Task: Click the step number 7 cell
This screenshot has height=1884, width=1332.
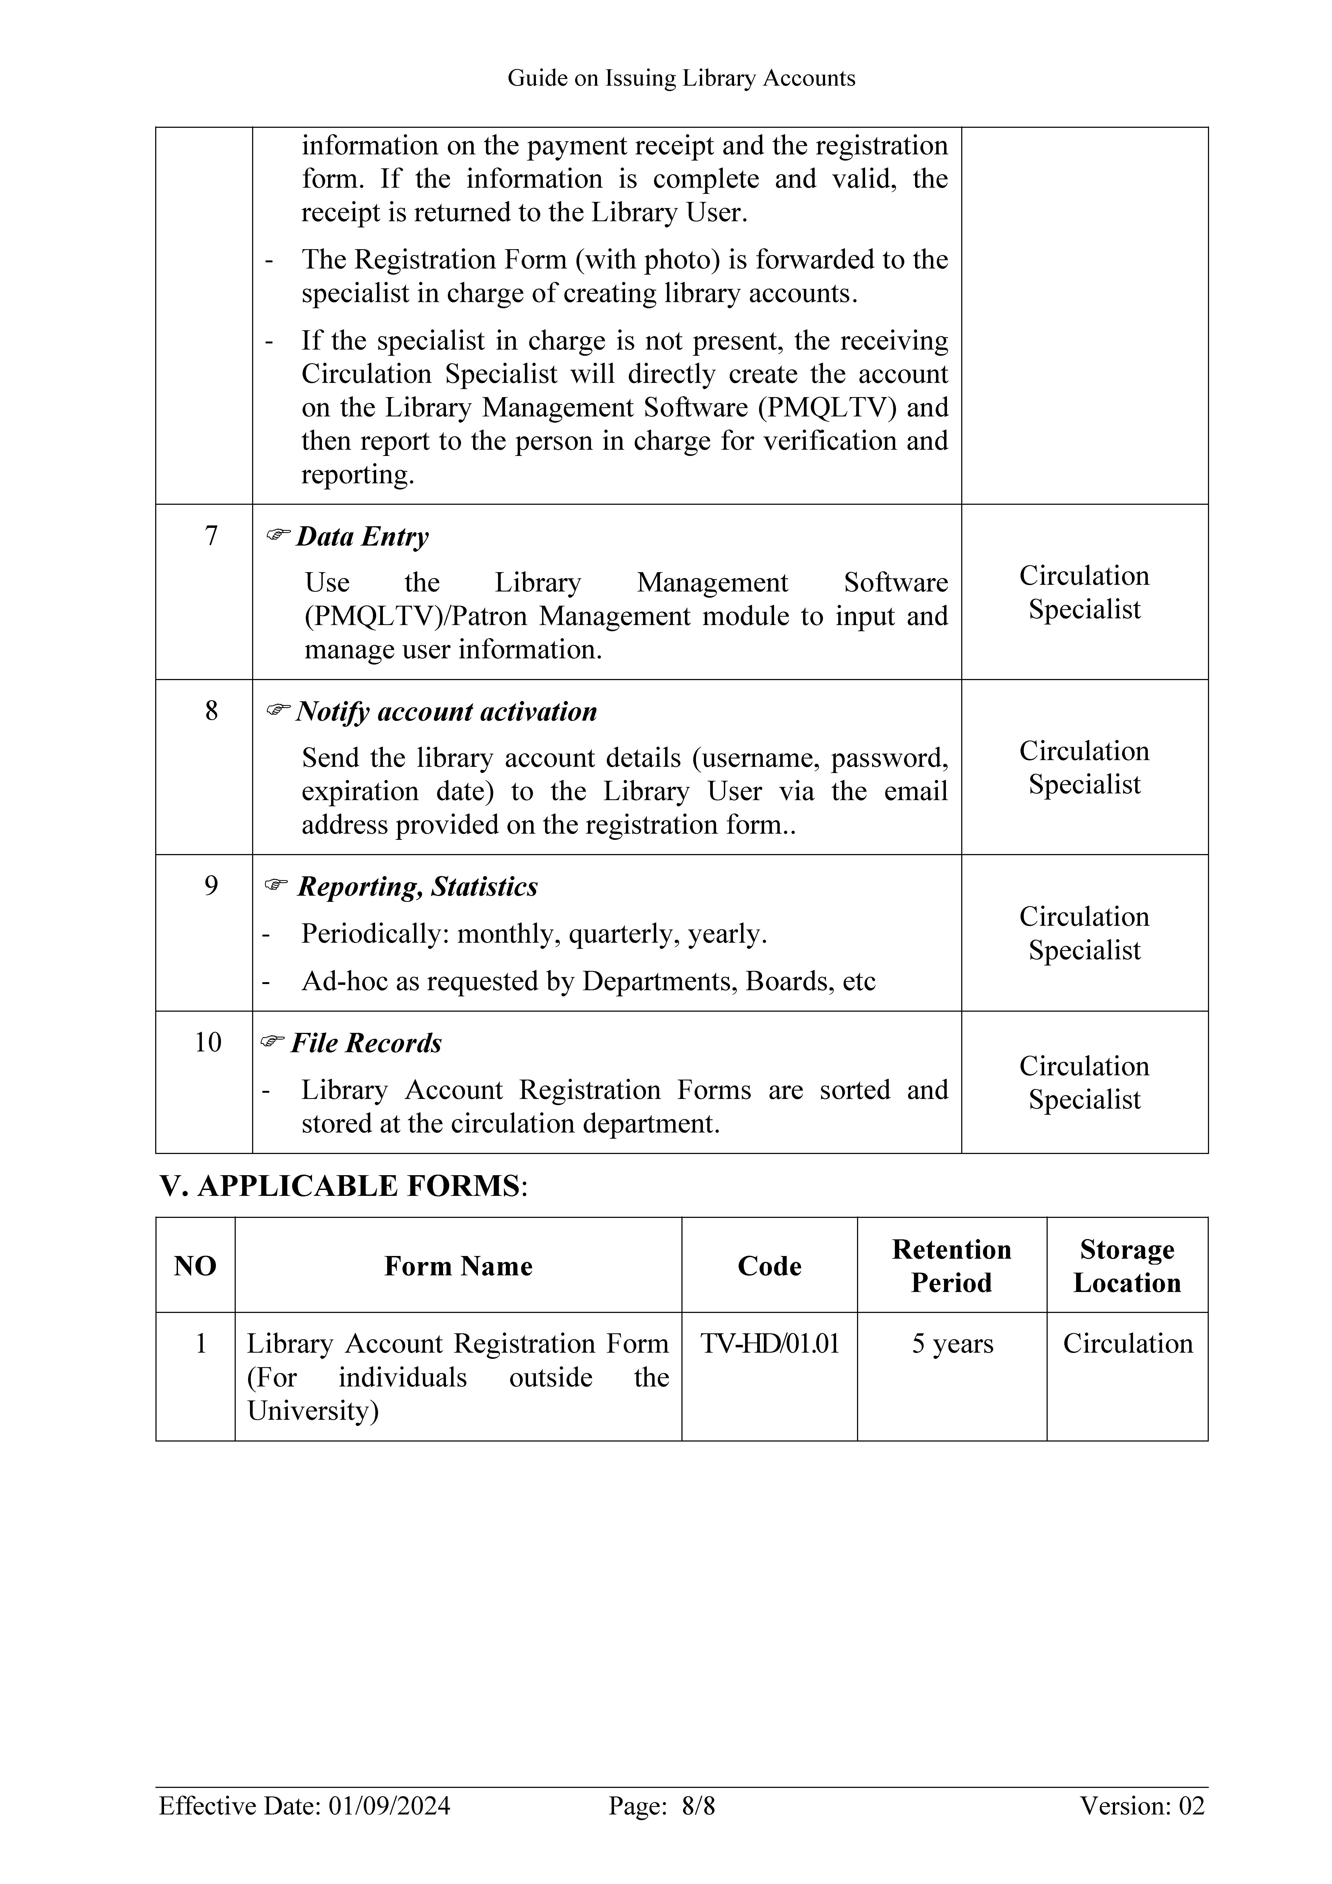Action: point(211,536)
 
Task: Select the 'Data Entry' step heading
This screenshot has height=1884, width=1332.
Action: point(362,537)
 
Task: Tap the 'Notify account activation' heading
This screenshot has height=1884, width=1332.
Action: point(446,712)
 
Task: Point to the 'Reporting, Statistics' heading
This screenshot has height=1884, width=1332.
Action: point(417,887)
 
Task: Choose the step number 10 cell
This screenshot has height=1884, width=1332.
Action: point(208,1042)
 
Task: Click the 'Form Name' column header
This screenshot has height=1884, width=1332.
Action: point(458,1266)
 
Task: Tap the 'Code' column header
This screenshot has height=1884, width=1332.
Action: point(769,1266)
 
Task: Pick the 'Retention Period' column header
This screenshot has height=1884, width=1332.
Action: point(951,1266)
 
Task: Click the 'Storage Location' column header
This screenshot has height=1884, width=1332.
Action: point(1127,1266)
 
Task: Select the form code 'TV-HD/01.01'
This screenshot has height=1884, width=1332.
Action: point(769,1343)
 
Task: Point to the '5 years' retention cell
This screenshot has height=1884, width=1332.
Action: point(952,1343)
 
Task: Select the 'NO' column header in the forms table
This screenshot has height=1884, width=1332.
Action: point(195,1266)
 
